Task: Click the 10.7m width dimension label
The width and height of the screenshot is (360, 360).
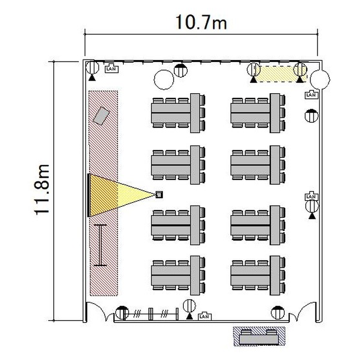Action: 200,22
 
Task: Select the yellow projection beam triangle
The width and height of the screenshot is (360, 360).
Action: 115,195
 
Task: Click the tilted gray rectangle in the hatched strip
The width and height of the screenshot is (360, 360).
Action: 102,116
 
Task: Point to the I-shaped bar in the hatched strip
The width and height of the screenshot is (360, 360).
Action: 101,245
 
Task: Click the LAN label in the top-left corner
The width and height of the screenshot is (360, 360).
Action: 111,68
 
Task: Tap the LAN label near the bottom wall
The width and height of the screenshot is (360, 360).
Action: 204,316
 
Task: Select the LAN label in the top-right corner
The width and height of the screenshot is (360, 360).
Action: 311,95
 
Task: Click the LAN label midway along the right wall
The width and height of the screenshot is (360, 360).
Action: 311,196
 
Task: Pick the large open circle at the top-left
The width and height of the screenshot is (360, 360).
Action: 164,79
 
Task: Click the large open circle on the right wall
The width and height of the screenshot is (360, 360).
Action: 320,80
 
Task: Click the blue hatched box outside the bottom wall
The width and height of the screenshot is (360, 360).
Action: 259,336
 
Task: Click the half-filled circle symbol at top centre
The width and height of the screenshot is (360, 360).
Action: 180,71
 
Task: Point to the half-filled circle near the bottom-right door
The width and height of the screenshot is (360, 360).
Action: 277,312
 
